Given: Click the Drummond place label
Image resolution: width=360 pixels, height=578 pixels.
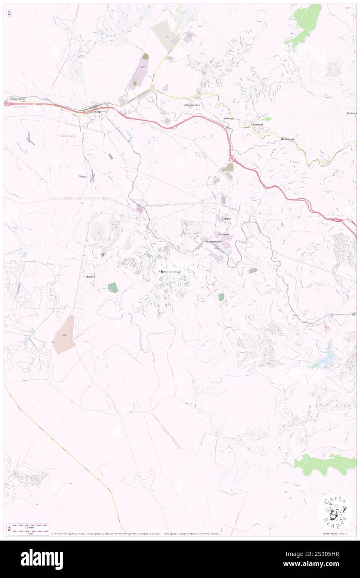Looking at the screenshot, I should pos(287,138).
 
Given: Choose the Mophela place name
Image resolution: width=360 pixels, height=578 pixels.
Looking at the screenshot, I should pos(90,277).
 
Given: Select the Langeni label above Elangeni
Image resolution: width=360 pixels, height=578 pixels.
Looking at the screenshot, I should pos(227,218).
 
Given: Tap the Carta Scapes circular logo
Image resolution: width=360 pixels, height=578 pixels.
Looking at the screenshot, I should pos(335,511).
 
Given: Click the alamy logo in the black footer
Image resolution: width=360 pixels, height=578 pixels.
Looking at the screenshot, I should pos(42,559).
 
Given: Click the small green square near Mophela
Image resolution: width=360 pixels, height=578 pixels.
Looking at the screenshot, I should pos(112,287).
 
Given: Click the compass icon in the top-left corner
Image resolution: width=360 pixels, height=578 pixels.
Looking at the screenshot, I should pos(9,13).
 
